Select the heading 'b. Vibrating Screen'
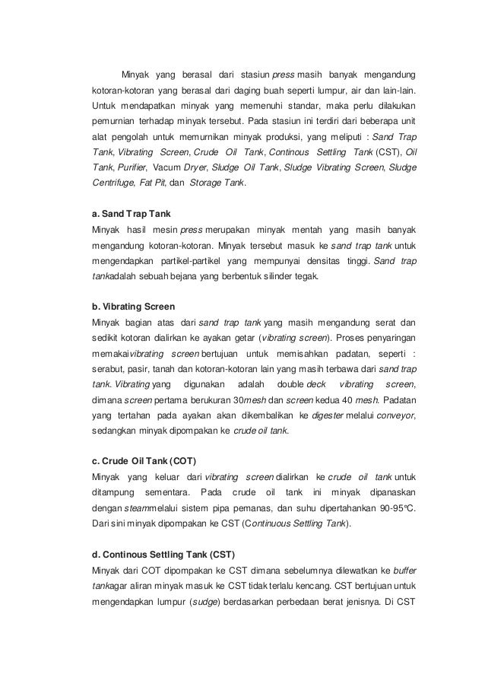[134, 307]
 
